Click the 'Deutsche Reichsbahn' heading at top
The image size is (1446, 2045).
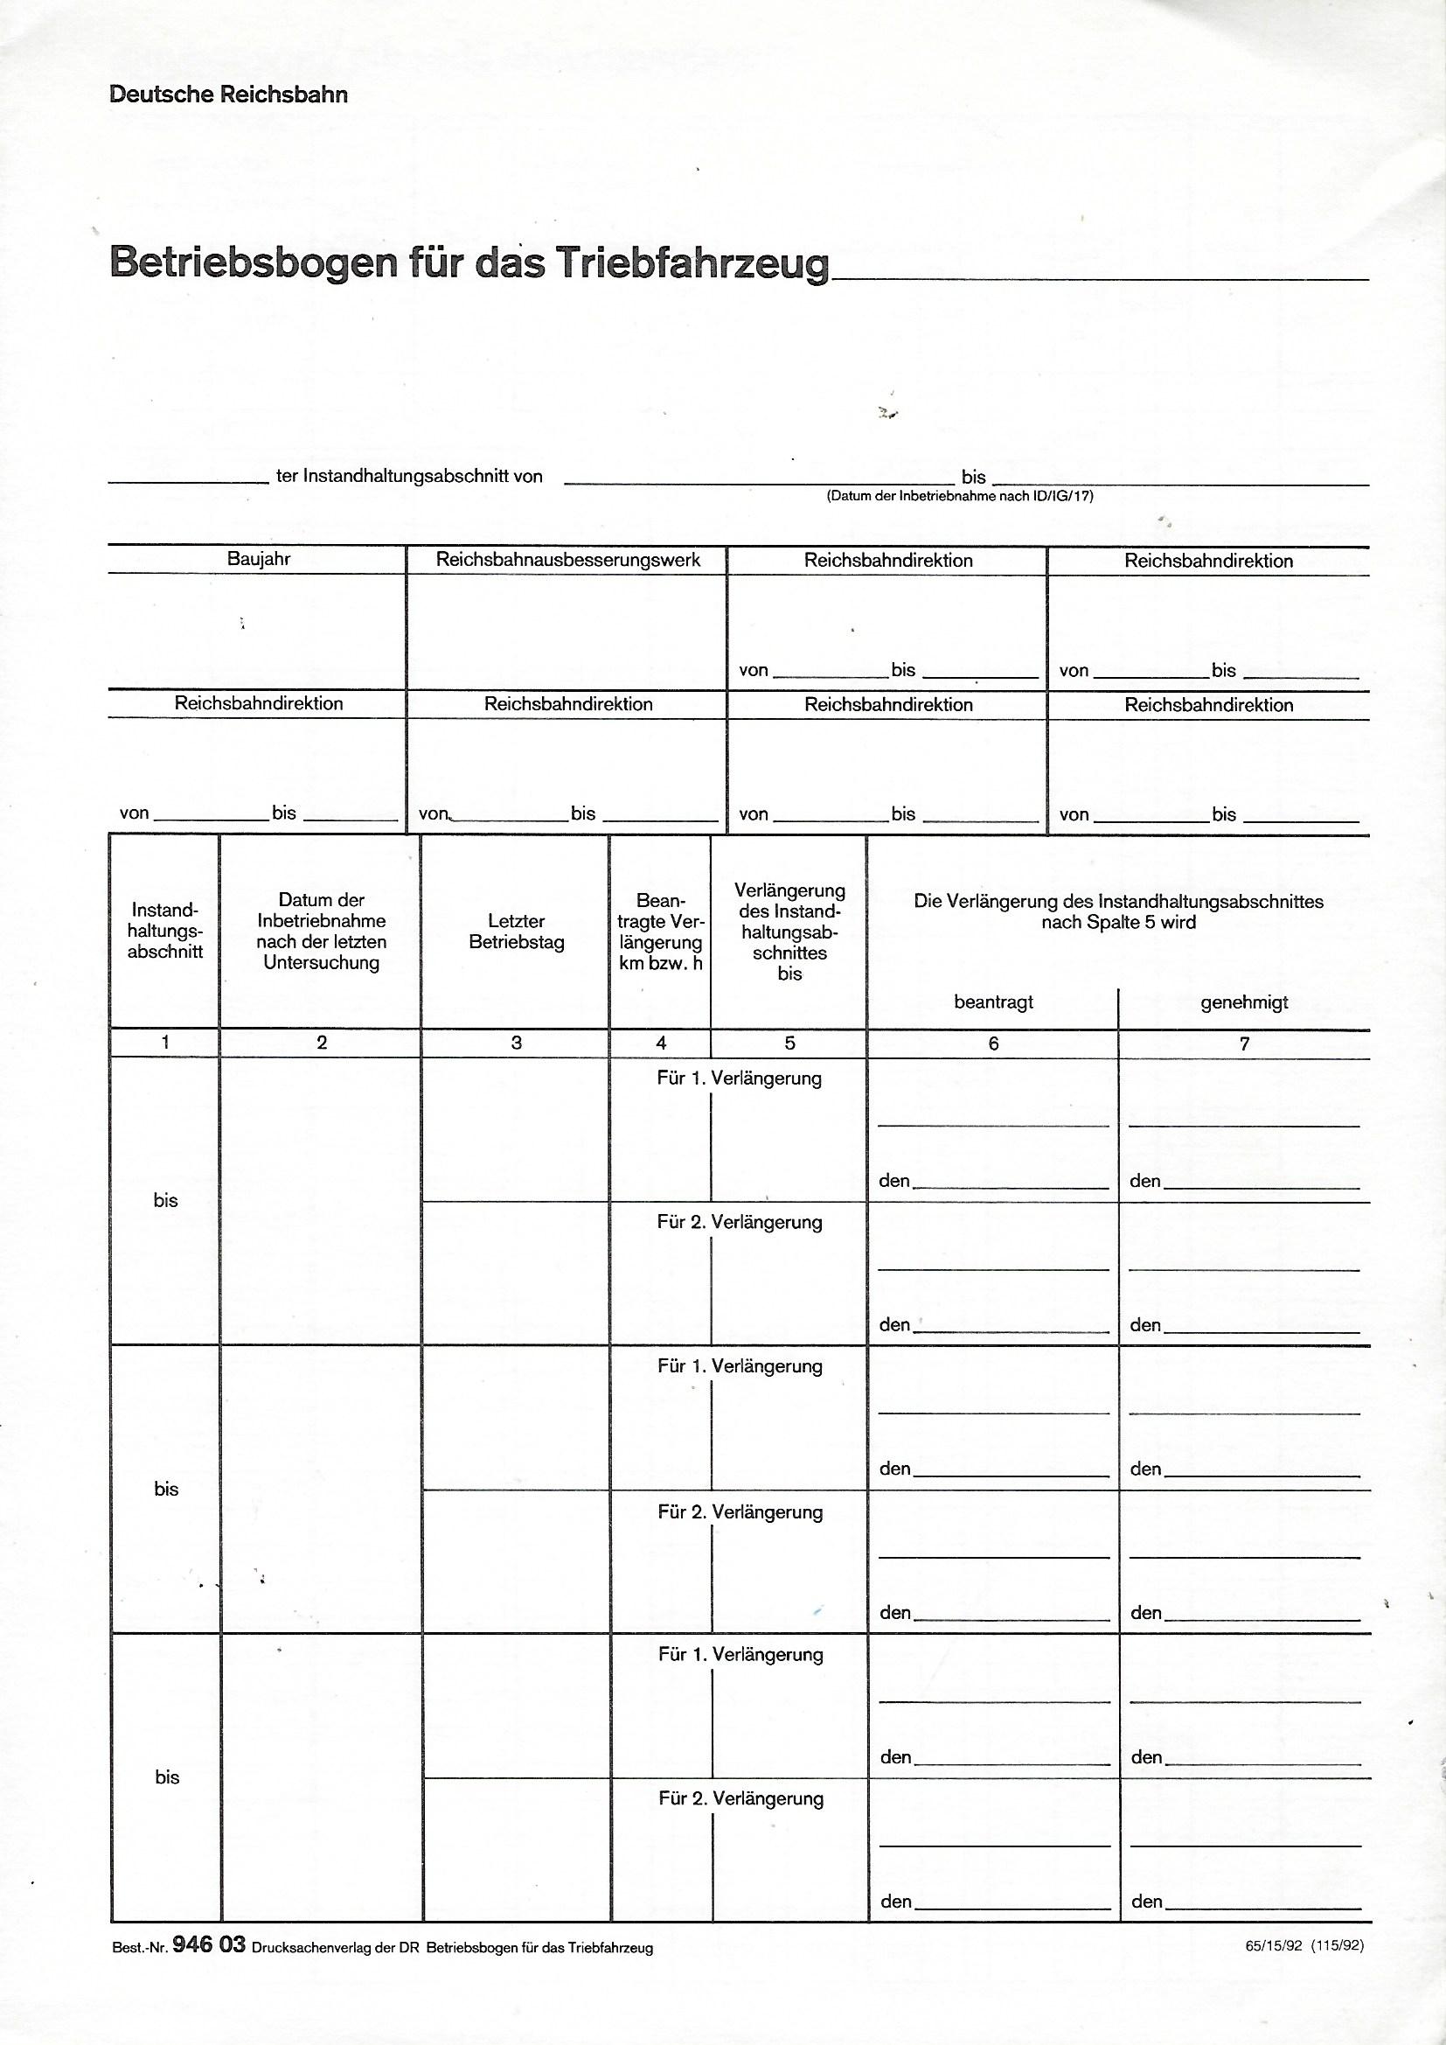coord(228,94)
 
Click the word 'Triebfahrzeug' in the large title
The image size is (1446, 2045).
coord(692,262)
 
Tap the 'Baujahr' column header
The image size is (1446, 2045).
coord(258,559)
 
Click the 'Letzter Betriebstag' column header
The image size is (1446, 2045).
coord(517,932)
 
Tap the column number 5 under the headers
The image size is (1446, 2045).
coord(789,1043)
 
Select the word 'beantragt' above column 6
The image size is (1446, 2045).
coord(994,1002)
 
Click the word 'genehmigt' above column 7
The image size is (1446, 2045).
coord(1244,1003)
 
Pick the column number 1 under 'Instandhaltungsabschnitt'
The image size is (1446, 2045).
coord(165,1042)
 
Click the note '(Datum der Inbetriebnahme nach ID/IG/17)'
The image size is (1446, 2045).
coord(960,496)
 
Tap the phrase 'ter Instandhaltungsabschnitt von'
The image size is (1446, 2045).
coord(408,477)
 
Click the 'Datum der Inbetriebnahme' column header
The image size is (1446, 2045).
coord(322,931)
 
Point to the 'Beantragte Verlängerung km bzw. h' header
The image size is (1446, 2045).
coord(661,932)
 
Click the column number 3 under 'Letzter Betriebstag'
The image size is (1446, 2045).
coord(517,1043)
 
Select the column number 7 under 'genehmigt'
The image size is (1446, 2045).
coord(1245,1043)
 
